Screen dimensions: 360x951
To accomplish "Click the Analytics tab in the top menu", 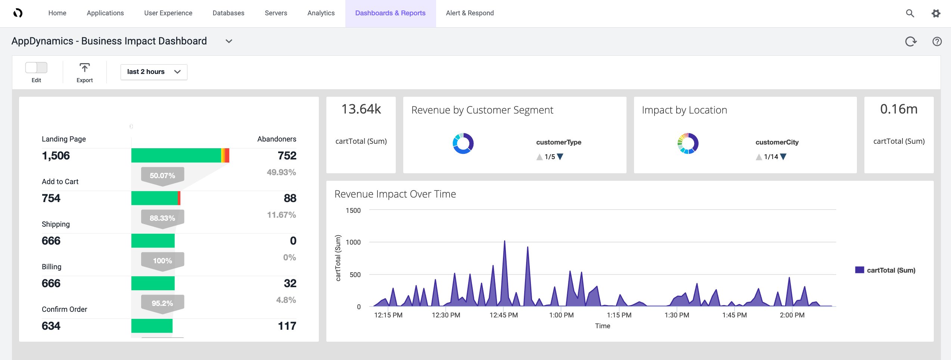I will pos(321,13).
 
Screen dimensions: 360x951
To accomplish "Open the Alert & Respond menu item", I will pos(469,13).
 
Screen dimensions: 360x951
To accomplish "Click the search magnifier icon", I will pos(910,13).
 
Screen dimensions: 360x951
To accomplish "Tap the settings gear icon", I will pos(935,13).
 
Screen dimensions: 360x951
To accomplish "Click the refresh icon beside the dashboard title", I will pos(910,41).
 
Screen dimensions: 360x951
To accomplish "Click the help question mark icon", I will pos(936,41).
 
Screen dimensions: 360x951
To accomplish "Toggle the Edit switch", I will pos(36,68).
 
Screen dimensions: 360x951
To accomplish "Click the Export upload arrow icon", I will pos(85,68).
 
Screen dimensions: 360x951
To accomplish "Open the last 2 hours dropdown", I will pos(154,72).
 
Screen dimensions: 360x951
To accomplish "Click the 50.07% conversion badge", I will pos(162,176).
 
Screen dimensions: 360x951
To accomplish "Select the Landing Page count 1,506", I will pos(56,156).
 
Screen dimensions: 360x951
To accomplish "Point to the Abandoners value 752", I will pos(287,156).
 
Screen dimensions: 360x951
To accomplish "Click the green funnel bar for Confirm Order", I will pos(152,326).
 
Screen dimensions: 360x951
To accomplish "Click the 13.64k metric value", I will pos(361,109).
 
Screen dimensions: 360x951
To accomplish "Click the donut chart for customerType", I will pos(463,143).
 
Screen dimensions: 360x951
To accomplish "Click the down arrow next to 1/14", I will pos(783,157).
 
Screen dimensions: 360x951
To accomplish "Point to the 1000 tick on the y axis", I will pos(353,242).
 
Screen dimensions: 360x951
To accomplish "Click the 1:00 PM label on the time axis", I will pos(561,315).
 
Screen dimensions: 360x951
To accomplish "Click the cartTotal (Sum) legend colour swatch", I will pos(860,270).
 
